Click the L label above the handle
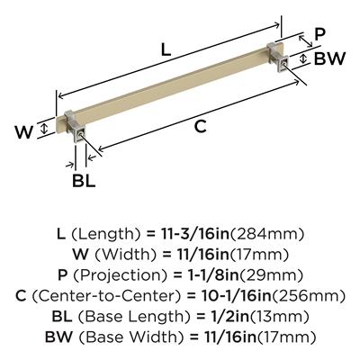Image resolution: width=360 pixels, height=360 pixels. pos(166,49)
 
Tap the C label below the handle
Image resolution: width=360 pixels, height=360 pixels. pos(200,126)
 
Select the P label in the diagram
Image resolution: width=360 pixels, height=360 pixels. pos(319,35)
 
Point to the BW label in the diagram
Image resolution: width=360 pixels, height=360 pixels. pos(329,58)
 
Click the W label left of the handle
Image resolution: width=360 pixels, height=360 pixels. pos(24,132)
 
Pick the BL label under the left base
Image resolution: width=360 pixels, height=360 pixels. pos(84,181)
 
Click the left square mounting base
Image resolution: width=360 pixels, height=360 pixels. pos(76,127)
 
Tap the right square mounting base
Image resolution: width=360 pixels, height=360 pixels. pos(278,58)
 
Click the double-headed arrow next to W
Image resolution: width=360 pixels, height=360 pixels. pos(44,129)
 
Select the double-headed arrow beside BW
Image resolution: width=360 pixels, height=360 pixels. pos(303,58)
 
